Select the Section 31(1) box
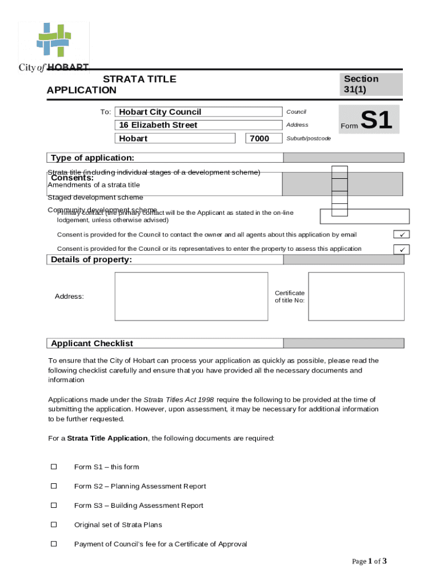pyautogui.click(x=371, y=85)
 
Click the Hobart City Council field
pyautogui.click(x=198, y=112)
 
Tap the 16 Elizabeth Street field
pyautogui.click(x=198, y=125)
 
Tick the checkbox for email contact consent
pyautogui.click(x=402, y=235)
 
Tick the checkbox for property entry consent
pyautogui.click(x=402, y=249)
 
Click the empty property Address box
pyautogui.click(x=191, y=296)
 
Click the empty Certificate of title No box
pyautogui.click(x=356, y=296)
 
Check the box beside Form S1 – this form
pyautogui.click(x=54, y=467)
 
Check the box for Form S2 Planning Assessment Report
pyautogui.click(x=54, y=486)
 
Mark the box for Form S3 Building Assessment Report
pyautogui.click(x=54, y=505)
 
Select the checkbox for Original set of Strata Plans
pyautogui.click(x=54, y=524)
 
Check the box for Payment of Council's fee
pyautogui.click(x=54, y=544)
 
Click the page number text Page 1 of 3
pyautogui.click(x=369, y=561)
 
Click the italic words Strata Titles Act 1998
pyautogui.click(x=179, y=400)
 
